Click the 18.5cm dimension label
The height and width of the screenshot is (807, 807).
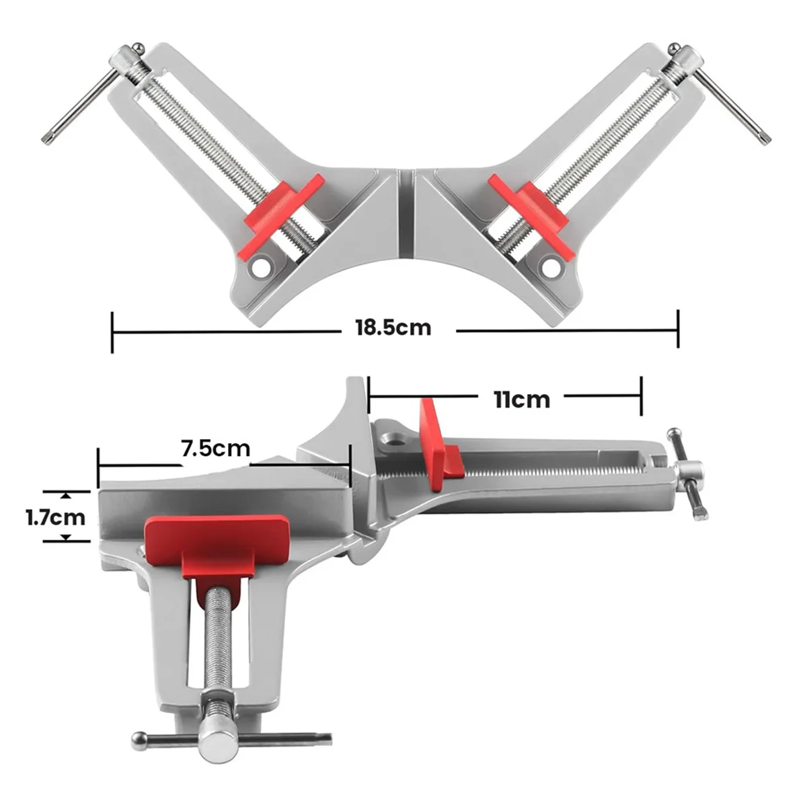393,328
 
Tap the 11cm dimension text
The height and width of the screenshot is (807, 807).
522,399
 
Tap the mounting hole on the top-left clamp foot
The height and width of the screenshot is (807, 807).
258,268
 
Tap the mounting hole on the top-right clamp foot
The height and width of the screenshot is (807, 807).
551,268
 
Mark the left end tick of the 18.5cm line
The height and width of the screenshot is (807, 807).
112,331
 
